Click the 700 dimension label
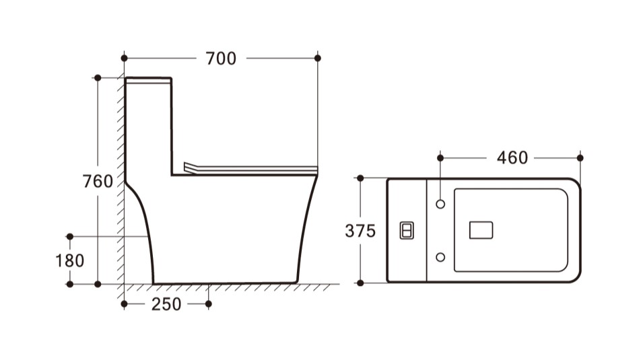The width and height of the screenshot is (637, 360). point(221,59)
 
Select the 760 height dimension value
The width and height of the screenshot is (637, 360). point(98,181)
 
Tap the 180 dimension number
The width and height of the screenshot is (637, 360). point(70,260)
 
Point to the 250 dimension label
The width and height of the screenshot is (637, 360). point(166,304)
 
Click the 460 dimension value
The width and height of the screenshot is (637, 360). point(512,157)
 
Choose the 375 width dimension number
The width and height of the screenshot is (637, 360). point(360,231)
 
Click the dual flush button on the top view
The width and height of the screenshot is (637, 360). point(407,231)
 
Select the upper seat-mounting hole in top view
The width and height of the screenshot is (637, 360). point(440,204)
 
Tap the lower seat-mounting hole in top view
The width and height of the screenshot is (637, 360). point(440,257)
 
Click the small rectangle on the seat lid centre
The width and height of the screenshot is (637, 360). point(481,230)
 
